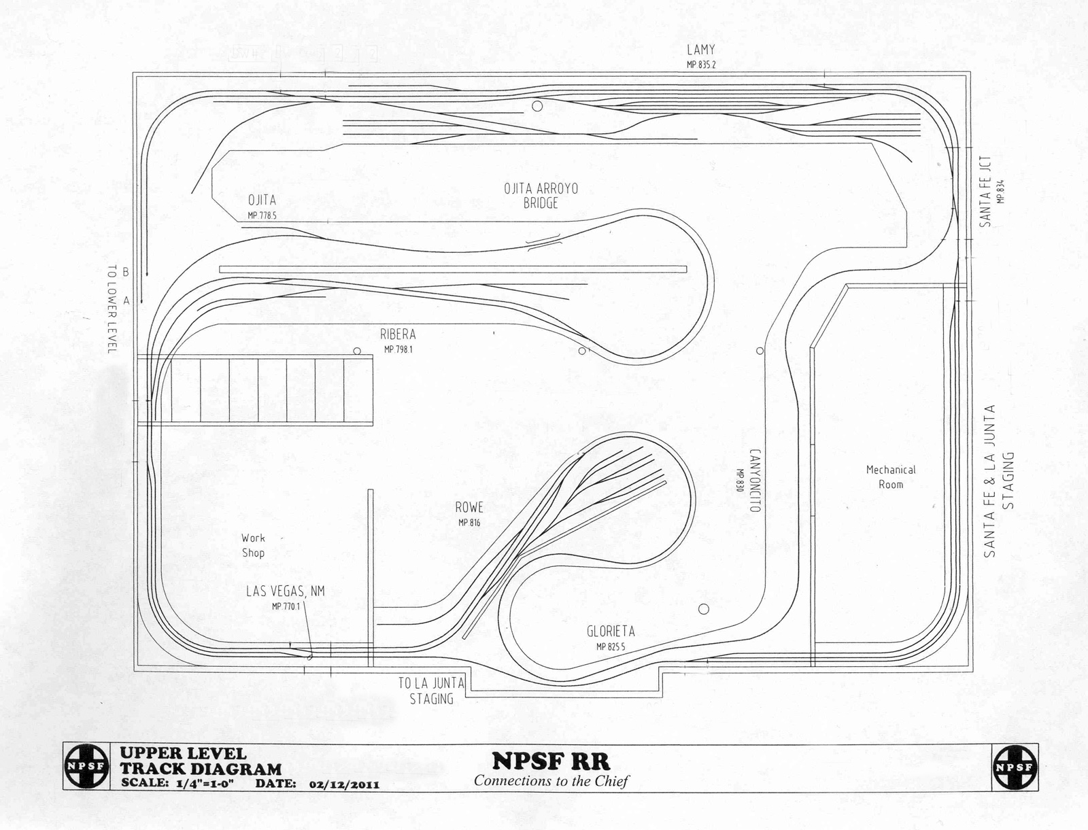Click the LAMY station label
coord(700,50)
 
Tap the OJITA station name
coord(262,200)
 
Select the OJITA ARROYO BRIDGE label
coord(541,196)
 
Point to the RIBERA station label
coord(398,334)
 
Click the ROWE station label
coord(469,507)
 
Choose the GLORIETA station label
coord(611,632)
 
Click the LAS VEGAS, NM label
coord(286,591)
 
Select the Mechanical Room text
coord(891,477)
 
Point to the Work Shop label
coord(253,545)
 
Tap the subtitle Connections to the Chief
coord(551,780)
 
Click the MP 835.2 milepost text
coord(700,65)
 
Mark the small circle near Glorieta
coord(704,608)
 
